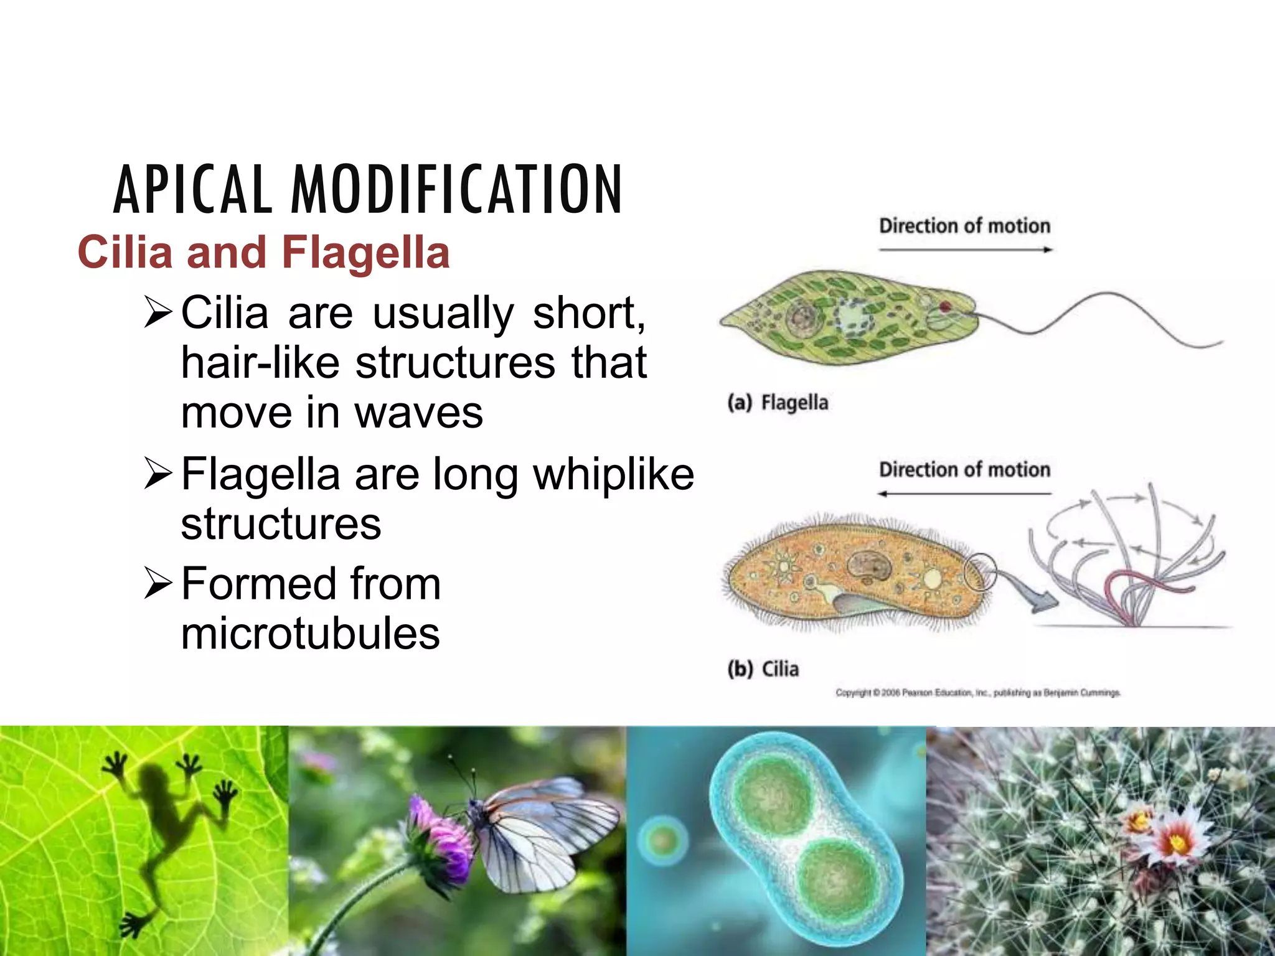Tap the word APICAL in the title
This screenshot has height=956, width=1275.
[x=192, y=190]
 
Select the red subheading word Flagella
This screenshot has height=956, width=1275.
[x=365, y=253]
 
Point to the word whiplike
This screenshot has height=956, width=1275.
[x=613, y=474]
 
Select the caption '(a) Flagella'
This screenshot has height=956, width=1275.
[x=778, y=403]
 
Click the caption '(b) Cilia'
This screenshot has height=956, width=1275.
[x=763, y=669]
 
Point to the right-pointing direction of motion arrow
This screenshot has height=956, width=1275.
[x=965, y=250]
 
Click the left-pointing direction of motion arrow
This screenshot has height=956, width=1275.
[x=965, y=494]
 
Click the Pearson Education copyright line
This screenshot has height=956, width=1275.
[x=977, y=693]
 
